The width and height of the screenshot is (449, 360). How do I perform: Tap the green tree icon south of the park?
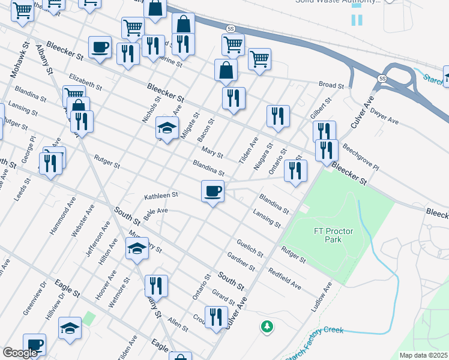pyautogui.click(x=267, y=327)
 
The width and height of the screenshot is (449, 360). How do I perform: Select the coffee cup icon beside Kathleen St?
pyautogui.click(x=212, y=192)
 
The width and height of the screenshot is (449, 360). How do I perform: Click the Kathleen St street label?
pyautogui.click(x=161, y=196)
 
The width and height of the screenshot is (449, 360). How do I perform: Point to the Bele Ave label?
pyautogui.click(x=155, y=211)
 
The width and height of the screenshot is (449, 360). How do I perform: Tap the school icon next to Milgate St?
pyautogui.click(x=167, y=128)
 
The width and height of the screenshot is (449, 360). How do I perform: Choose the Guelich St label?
pyautogui.click(x=250, y=248)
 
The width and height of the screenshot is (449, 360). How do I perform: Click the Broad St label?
pyautogui.click(x=331, y=86)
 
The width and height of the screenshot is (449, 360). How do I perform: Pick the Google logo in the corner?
pyautogui.click(x=19, y=353)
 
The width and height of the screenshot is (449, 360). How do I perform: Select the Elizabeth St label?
pyautogui.click(x=85, y=81)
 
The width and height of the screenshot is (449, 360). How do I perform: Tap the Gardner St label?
pyautogui.click(x=238, y=261)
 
